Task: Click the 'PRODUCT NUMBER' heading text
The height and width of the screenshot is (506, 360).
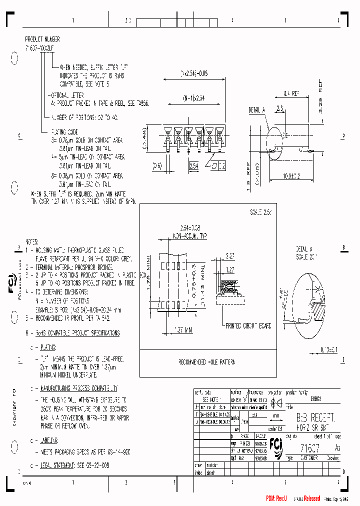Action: (x=42, y=38)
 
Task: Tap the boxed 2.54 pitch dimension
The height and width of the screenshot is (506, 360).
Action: (x=193, y=164)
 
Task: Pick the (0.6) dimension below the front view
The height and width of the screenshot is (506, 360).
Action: (x=157, y=165)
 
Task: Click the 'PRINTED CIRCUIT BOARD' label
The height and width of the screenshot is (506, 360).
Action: (x=248, y=326)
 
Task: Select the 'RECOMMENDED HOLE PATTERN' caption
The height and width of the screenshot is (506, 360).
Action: (x=206, y=361)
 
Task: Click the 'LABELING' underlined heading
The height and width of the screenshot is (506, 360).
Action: (x=48, y=440)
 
